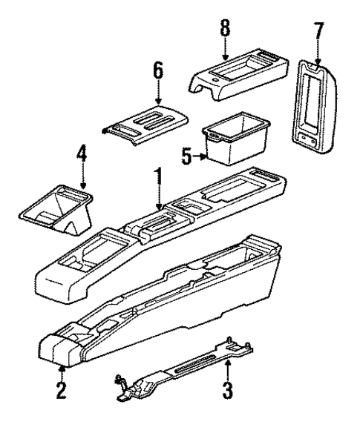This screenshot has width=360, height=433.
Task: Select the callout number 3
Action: (x=228, y=388)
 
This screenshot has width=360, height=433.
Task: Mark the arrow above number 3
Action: (x=228, y=367)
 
